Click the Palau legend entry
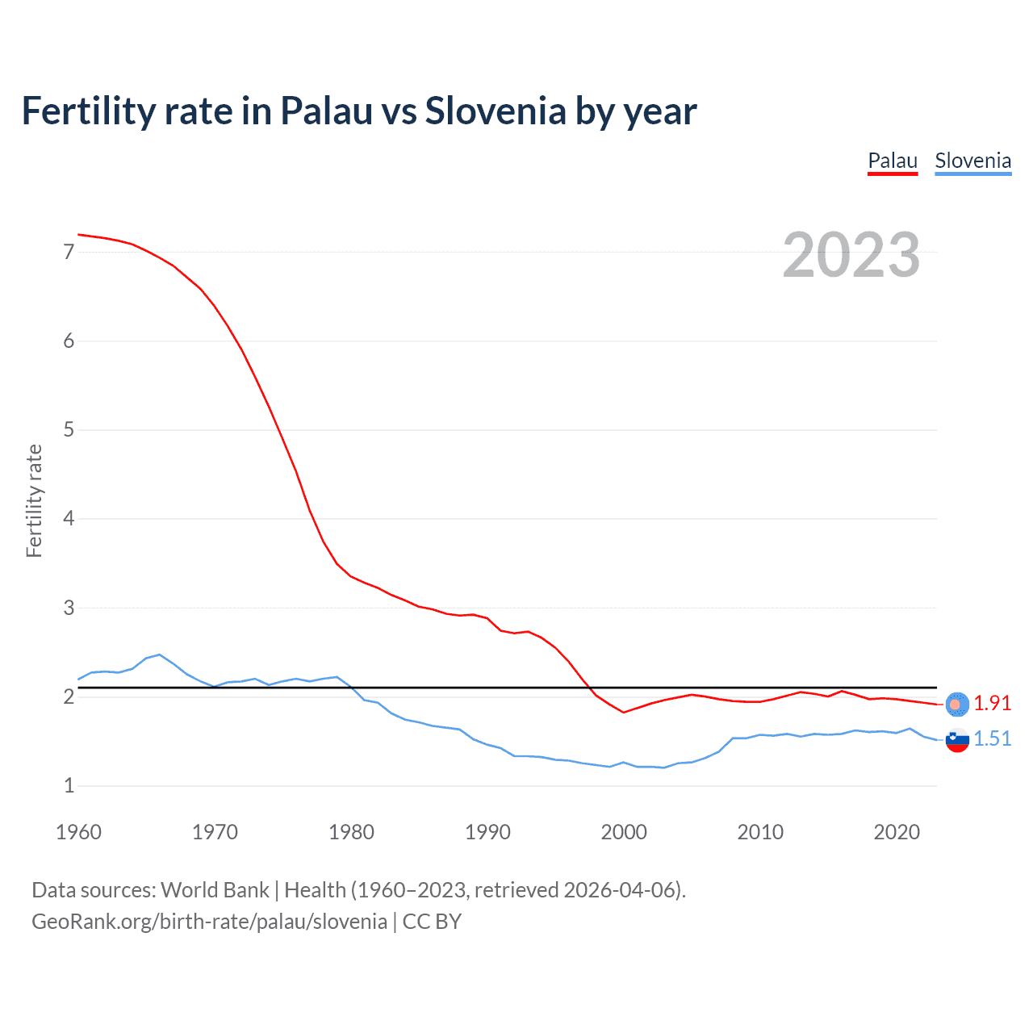coord(893,161)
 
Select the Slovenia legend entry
coord(972,161)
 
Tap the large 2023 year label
coord(851,255)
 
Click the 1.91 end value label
coord(992,703)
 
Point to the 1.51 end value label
coord(992,738)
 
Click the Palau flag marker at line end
coord(957,704)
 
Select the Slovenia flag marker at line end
coord(957,739)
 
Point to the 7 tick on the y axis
coord(69,252)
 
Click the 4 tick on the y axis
coord(69,518)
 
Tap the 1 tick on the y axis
coord(69,785)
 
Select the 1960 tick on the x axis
coord(78,832)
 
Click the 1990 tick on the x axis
coord(487,832)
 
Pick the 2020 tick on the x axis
coord(897,832)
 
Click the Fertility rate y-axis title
coord(34,500)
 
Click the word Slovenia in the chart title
coord(496,111)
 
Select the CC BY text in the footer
coord(432,922)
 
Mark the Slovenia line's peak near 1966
coord(160,655)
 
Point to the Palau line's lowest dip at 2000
coord(623,712)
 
